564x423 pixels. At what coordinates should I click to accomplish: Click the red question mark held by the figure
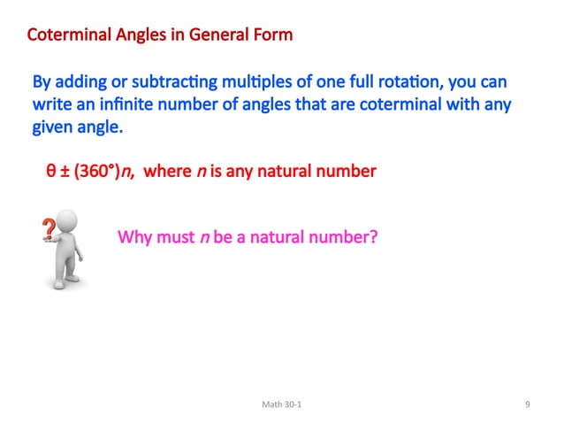click(50, 229)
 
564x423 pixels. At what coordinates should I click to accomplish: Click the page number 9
click(527, 404)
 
